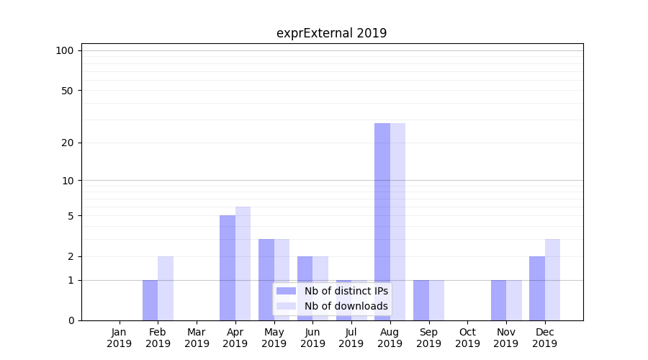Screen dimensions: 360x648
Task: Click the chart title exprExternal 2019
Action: (x=331, y=33)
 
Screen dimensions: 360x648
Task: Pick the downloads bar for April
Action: (x=243, y=264)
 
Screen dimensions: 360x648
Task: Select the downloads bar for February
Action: (x=166, y=288)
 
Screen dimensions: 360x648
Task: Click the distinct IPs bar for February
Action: (x=150, y=300)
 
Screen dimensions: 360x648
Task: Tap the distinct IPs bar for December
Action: (x=537, y=288)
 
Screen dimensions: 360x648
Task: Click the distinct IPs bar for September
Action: (x=420, y=300)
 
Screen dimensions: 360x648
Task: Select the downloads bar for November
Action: (x=513, y=300)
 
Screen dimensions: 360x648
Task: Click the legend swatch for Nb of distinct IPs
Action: (x=287, y=291)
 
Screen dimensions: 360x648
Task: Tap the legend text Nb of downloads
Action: (x=346, y=306)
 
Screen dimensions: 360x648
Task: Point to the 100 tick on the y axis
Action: (x=65, y=50)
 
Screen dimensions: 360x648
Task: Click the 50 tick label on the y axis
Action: (x=68, y=91)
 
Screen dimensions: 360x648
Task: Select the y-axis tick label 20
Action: (x=68, y=143)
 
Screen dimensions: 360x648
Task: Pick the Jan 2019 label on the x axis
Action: (x=120, y=338)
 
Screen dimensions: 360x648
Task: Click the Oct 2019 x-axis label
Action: (x=467, y=338)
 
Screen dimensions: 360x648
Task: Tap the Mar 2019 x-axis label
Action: (x=197, y=338)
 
